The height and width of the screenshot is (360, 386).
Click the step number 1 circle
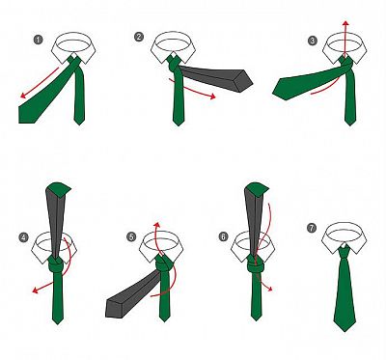(38, 40)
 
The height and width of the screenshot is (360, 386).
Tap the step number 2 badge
(139, 37)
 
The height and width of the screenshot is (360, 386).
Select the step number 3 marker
(313, 41)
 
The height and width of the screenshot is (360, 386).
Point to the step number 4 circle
(24, 237)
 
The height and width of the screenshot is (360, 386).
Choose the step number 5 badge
(131, 237)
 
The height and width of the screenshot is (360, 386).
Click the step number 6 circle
(223, 236)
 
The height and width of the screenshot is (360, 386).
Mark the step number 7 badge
(312, 228)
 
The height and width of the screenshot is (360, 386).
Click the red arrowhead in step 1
(23, 95)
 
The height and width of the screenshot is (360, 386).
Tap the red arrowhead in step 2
(212, 96)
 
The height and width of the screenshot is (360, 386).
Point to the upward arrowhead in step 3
(345, 23)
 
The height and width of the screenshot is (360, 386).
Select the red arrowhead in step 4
(36, 291)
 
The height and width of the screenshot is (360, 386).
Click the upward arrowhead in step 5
(156, 224)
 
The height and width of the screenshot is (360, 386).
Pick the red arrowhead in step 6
(270, 289)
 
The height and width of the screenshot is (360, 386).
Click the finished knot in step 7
(345, 253)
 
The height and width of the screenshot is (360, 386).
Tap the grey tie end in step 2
(216, 77)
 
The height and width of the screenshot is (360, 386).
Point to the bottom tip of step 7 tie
(345, 331)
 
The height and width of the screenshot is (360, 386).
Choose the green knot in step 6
(256, 264)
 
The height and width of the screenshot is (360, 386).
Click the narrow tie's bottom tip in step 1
(79, 124)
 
